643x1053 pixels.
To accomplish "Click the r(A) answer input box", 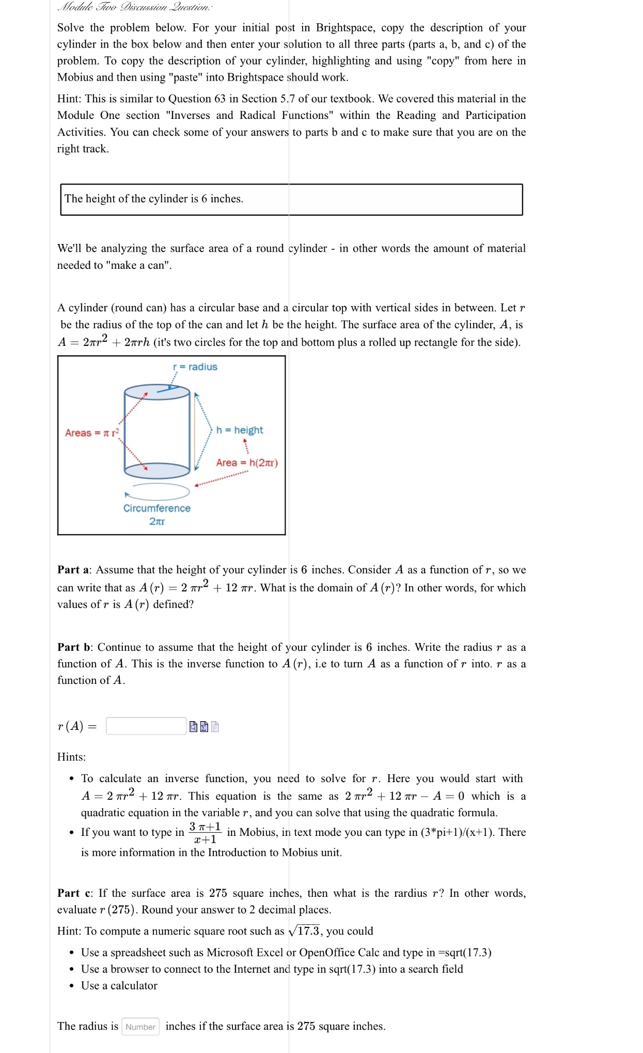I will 146,726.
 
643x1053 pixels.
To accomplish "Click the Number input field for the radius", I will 140,1027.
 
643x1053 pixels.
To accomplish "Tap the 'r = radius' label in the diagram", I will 195,367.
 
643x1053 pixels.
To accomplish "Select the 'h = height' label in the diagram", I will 239,430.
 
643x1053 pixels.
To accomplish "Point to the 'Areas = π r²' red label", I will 91,433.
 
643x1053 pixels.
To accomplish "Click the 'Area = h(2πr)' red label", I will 247,463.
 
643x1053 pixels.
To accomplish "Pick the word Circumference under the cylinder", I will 156,508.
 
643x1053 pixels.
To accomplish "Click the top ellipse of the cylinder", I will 157,391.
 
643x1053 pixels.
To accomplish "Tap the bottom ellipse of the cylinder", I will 157,470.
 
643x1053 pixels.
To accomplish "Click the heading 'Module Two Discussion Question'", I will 135,7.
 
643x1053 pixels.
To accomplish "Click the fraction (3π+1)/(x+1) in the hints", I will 205,833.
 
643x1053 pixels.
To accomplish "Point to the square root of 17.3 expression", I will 304,931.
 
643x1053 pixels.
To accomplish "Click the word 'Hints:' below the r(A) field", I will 71,757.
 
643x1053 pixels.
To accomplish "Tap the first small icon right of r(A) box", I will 193,727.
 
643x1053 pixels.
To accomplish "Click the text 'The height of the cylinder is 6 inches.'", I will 154,199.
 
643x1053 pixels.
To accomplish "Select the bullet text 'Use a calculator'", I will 119,986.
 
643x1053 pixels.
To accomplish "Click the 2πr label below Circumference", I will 157,521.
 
